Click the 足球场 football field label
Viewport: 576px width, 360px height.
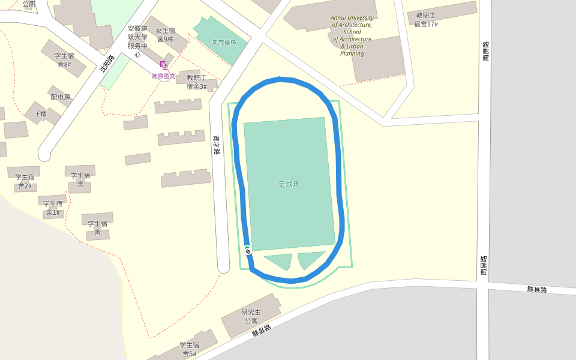click(289, 184)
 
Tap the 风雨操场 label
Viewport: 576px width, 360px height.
click(224, 43)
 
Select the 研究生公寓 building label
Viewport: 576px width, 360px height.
click(251, 316)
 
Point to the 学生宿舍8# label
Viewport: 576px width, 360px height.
click(64, 60)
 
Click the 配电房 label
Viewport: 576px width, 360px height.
click(60, 97)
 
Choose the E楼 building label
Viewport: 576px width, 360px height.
click(41, 114)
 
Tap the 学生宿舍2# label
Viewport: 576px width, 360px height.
click(25, 181)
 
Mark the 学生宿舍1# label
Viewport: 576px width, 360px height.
click(53, 208)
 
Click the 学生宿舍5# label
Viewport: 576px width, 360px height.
click(189, 349)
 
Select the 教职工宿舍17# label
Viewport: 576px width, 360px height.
click(425, 20)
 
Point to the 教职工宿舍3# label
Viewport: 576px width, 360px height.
click(196, 82)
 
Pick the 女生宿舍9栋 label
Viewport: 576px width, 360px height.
click(165, 35)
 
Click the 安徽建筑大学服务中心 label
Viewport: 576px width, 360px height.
click(137, 41)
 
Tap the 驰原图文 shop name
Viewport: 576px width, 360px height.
click(163, 76)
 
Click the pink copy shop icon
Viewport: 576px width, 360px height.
click(163, 65)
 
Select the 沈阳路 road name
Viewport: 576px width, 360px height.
click(107, 63)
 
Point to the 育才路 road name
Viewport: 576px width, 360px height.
click(217, 145)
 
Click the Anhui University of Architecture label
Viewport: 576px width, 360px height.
click(352, 35)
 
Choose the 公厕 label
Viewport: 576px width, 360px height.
click(29, 4)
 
